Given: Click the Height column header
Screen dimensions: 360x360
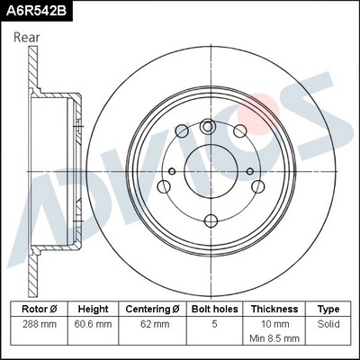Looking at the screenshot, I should pos(93,308).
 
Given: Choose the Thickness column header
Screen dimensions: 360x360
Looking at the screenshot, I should pos(274,308).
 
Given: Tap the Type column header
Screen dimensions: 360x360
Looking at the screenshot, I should pos(329,308).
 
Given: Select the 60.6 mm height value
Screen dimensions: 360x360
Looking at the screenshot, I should pos(93,322).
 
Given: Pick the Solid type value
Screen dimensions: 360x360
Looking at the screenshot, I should pos(329,322).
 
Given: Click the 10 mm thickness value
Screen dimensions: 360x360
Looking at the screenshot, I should pos(274,322).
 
